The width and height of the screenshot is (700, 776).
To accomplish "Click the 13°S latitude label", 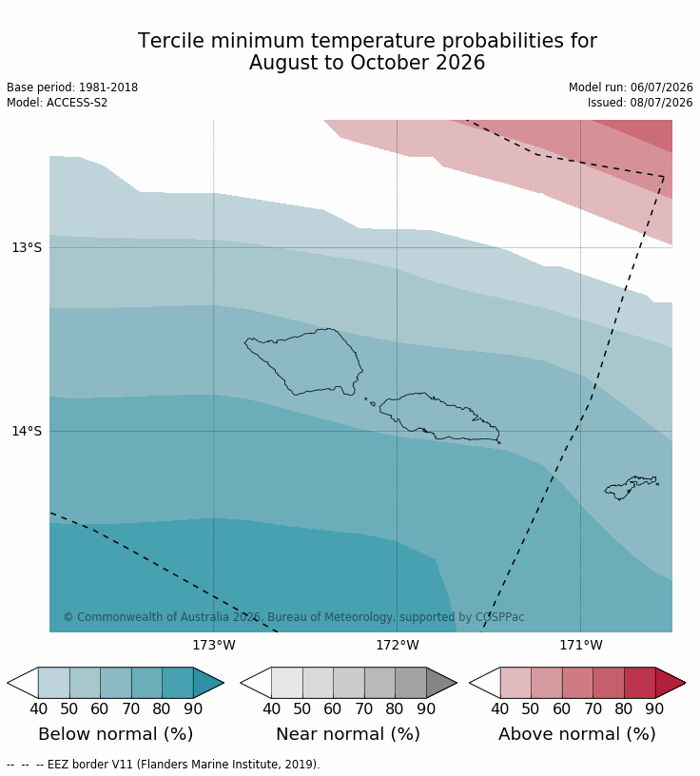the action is pyautogui.click(x=27, y=247).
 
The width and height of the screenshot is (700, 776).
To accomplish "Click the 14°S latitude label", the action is pyautogui.click(x=27, y=431).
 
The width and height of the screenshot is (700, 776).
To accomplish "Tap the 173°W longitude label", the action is pyautogui.click(x=214, y=645).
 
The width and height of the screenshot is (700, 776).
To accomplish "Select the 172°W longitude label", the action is pyautogui.click(x=397, y=645).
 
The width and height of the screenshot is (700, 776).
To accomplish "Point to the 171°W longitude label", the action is pyautogui.click(x=581, y=645).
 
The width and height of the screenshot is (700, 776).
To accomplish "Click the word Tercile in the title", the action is pyautogui.click(x=170, y=41).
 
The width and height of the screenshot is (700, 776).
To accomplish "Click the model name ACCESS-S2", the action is pyautogui.click(x=77, y=103).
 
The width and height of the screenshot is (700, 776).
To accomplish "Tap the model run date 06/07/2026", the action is pyautogui.click(x=661, y=87).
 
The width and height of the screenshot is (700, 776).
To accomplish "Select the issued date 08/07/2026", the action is pyautogui.click(x=661, y=103).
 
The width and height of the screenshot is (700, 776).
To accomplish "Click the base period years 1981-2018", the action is pyautogui.click(x=108, y=87).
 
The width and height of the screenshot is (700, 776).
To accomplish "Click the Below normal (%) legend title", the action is pyautogui.click(x=116, y=734).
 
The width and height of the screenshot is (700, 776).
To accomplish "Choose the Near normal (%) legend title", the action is pyautogui.click(x=348, y=734).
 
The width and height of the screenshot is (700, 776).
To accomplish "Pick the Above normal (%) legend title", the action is pyautogui.click(x=577, y=734).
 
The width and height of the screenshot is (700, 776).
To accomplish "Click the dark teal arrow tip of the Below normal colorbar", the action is pyautogui.click(x=224, y=683).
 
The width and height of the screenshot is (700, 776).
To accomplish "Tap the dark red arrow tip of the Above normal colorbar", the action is pyautogui.click(x=686, y=683).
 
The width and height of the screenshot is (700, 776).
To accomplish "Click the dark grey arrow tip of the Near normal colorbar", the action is pyautogui.click(x=457, y=683).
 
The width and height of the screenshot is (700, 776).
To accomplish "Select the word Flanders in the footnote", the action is pyautogui.click(x=160, y=765).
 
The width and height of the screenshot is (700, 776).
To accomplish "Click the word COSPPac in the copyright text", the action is pyautogui.click(x=499, y=617).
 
